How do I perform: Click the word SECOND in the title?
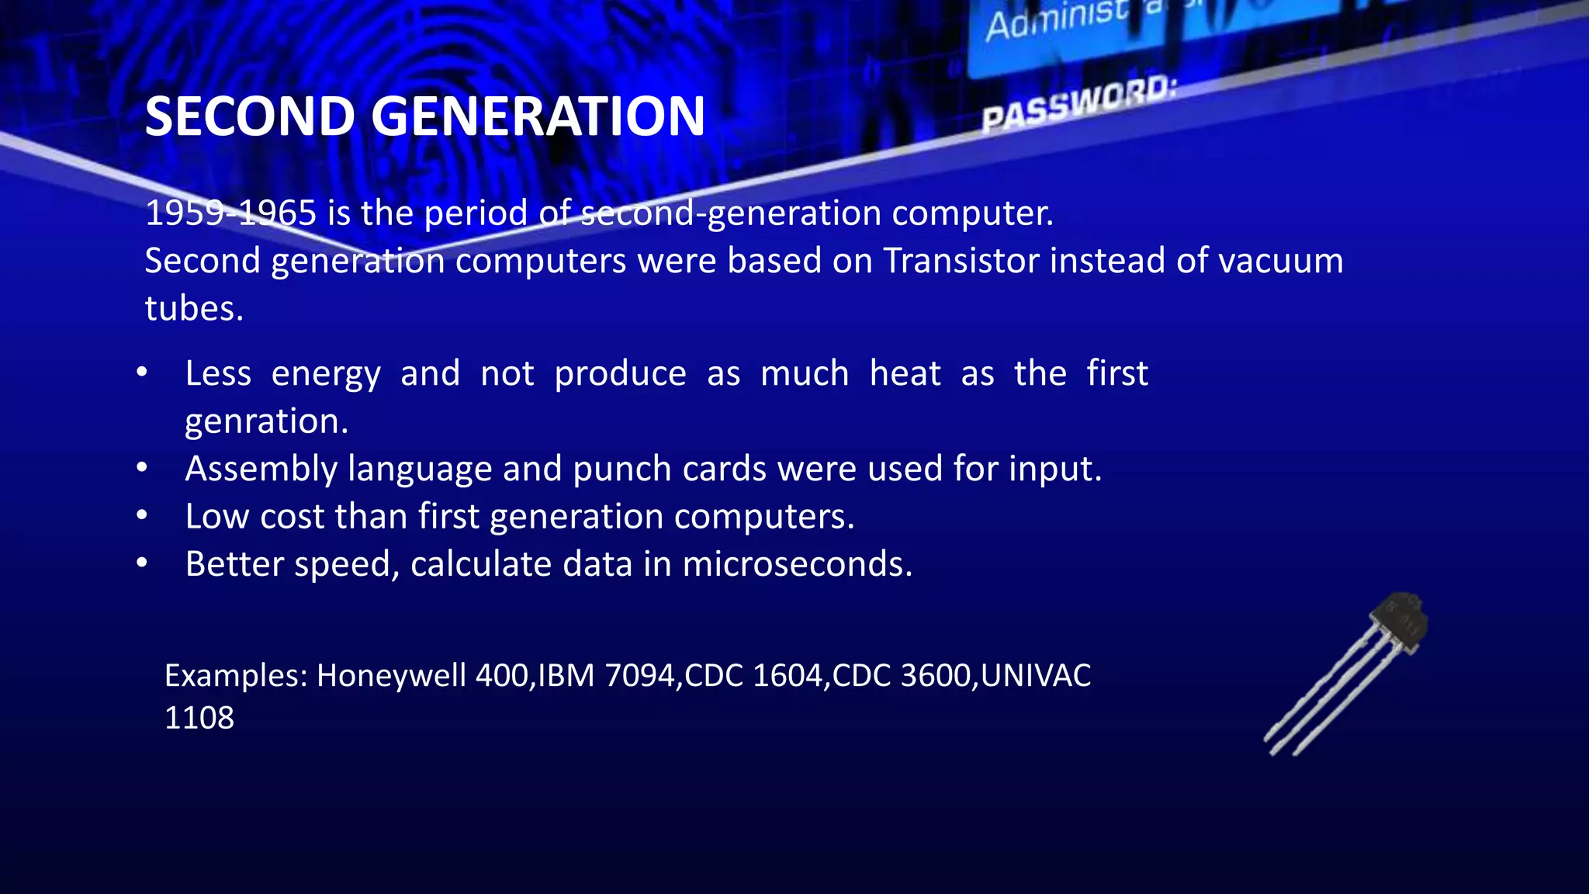click(x=251, y=116)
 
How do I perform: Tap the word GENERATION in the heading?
click(x=538, y=116)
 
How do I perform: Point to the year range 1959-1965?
click(x=230, y=213)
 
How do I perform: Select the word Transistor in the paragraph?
click(x=961, y=261)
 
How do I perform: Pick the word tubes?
click(x=194, y=309)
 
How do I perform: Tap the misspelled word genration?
click(x=266, y=421)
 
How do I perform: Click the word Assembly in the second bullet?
click(x=261, y=470)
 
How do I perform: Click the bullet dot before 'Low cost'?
click(x=141, y=515)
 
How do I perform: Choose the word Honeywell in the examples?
click(x=391, y=676)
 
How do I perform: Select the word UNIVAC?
click(x=1036, y=676)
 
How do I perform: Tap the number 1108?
click(x=199, y=718)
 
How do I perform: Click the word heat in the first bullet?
click(x=905, y=374)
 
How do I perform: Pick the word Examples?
click(x=237, y=676)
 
